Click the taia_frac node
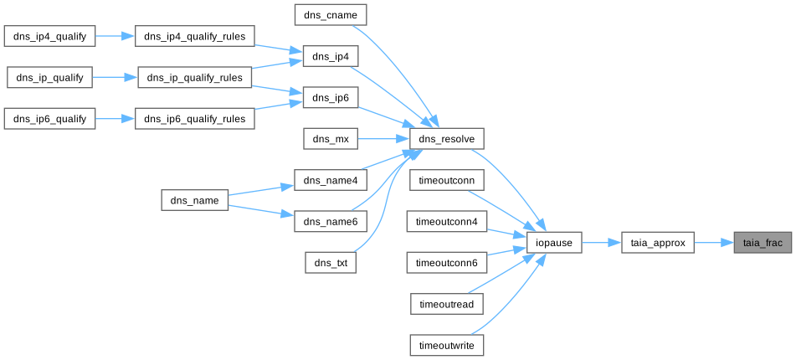pos(763,244)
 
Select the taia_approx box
pos(658,244)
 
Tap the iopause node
pos(554,244)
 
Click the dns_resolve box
pos(447,139)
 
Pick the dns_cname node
pos(331,14)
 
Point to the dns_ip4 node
pos(331,56)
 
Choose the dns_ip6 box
pos(331,98)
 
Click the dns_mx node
pos(331,139)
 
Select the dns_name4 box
pos(331,181)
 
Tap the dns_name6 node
pos(331,222)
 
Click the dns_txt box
pos(331,264)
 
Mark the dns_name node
pos(194,201)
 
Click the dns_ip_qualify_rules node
pos(194,78)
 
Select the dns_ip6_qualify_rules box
pos(194,119)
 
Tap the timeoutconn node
pos(447,181)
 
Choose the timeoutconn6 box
pos(447,264)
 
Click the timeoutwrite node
pos(447,345)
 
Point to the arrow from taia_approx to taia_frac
pos(713,244)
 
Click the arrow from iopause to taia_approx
pos(601,244)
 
